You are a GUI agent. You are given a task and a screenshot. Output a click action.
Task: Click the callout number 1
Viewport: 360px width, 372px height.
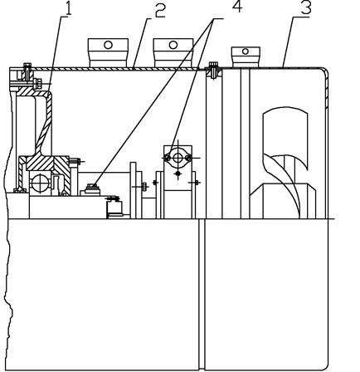click(x=68, y=9)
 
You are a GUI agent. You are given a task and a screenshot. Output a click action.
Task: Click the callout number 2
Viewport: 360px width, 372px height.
click(x=160, y=11)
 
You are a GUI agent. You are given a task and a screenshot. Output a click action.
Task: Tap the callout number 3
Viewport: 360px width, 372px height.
click(x=306, y=8)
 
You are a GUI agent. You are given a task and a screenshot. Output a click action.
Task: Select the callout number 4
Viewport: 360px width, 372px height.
click(x=237, y=6)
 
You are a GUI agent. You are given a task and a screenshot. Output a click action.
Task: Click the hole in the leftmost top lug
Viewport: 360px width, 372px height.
click(x=108, y=45)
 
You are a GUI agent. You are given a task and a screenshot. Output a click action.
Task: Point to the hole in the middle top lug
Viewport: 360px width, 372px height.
click(x=173, y=45)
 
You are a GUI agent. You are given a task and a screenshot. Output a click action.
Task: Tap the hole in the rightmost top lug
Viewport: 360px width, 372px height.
click(x=246, y=51)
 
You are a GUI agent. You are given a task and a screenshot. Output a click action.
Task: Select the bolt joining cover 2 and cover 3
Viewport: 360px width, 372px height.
click(x=213, y=71)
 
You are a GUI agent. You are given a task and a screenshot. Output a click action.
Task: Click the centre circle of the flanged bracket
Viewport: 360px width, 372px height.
click(x=178, y=159)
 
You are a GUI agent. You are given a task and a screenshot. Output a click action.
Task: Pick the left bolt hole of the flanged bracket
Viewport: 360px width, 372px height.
click(x=167, y=158)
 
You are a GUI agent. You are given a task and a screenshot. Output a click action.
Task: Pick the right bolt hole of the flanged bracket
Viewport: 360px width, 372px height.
click(x=188, y=158)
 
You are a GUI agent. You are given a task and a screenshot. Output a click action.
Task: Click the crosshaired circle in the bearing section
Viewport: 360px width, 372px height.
click(x=41, y=183)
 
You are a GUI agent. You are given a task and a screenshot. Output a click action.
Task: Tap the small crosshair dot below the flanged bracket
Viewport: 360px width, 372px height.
click(x=178, y=174)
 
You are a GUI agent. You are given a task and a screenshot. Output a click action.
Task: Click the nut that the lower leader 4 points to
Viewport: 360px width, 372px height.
click(x=92, y=188)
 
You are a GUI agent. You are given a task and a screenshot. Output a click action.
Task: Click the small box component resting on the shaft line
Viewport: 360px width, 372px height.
click(x=114, y=208)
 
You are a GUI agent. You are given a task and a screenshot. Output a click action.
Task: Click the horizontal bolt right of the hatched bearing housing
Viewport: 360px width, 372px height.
click(x=75, y=161)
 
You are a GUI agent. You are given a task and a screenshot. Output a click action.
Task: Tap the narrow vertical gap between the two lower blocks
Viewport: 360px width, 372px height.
click(x=202, y=295)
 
